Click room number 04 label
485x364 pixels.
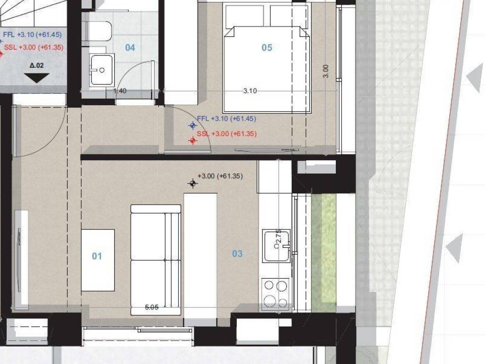click(130, 47)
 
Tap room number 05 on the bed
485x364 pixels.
click(267, 47)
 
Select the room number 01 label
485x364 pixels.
click(97, 256)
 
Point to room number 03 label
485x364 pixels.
click(237, 254)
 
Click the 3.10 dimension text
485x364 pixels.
click(250, 91)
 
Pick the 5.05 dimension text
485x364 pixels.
click(152, 308)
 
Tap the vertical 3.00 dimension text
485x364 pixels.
click(325, 71)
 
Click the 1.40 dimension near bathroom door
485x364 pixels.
click(120, 91)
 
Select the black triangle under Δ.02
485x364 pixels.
click(36, 78)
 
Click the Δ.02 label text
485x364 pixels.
click(36, 66)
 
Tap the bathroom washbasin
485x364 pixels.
click(102, 70)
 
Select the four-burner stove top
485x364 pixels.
click(275, 294)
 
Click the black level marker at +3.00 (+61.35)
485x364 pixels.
click(192, 183)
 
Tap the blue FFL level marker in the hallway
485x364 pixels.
click(192, 126)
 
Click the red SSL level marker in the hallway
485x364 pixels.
click(192, 141)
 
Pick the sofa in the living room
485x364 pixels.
click(155, 260)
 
